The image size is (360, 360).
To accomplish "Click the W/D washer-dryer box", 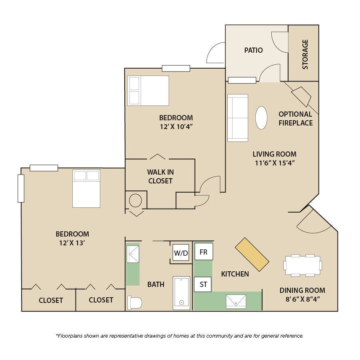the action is [181, 253].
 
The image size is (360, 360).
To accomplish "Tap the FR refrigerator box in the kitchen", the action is [204, 252].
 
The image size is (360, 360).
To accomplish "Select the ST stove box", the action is [203, 284].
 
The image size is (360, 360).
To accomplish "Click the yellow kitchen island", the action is [252, 255].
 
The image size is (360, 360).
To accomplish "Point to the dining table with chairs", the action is [302, 265].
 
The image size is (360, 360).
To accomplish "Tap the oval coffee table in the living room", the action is [261, 118].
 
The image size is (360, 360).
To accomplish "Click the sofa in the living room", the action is [238, 118].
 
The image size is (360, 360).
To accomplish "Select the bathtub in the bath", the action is [181, 293].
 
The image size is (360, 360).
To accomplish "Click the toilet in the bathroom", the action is [135, 302].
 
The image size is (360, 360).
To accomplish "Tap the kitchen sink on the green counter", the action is [236, 301].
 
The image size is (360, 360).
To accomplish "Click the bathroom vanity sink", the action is [133, 254].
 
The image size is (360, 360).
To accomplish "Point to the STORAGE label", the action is [305, 54].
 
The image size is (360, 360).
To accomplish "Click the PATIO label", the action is [253, 50].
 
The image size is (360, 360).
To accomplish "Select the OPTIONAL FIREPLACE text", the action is [296, 119].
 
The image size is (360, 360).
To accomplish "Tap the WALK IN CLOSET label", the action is [160, 177].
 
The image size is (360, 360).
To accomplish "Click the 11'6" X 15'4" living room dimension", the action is [274, 163].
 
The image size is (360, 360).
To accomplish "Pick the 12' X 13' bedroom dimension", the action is [72, 243].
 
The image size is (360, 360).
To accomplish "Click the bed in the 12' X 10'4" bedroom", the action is [148, 90].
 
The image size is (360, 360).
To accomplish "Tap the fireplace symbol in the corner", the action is [301, 97].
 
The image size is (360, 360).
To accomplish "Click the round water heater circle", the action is [135, 201].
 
